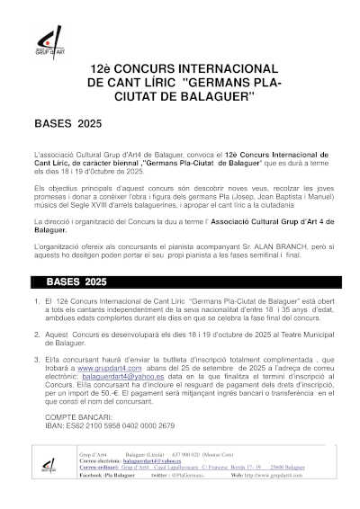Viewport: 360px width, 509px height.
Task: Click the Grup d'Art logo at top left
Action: (x=47, y=38)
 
